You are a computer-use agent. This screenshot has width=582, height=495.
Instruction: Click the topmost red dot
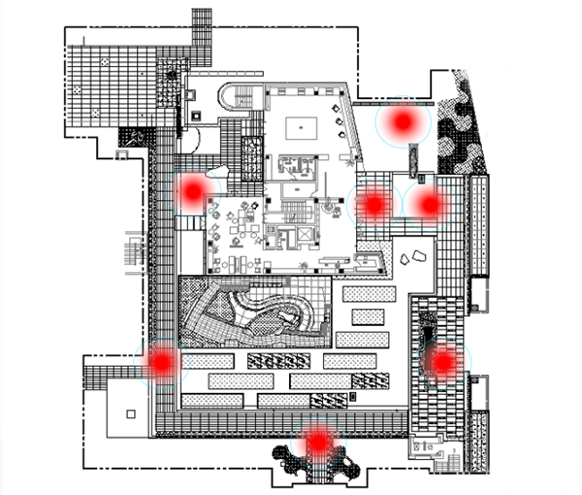click(x=402, y=122)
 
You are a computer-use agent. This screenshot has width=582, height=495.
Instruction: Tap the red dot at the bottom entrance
click(x=317, y=442)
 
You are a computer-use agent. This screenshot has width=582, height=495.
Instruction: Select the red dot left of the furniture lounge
click(x=192, y=191)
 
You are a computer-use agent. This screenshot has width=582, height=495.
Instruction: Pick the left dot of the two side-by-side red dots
click(x=373, y=205)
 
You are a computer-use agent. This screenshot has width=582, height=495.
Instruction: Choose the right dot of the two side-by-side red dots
click(x=428, y=204)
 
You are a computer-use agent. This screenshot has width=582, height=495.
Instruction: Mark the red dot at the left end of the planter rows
click(x=161, y=361)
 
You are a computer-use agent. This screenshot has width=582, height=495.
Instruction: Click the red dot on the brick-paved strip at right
click(x=442, y=362)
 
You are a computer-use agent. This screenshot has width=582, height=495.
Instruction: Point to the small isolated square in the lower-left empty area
click(x=130, y=414)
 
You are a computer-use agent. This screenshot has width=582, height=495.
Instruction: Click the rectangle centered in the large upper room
click(x=303, y=126)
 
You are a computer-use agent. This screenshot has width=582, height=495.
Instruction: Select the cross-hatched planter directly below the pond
click(x=271, y=361)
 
